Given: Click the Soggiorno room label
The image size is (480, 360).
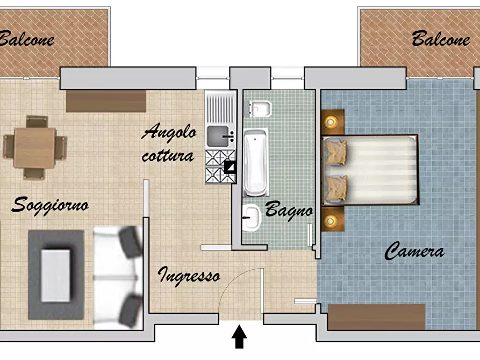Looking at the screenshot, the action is click(50, 206).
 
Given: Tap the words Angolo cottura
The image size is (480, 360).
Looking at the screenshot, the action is click(169, 143).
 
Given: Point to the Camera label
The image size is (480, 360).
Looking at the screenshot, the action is click(414, 251).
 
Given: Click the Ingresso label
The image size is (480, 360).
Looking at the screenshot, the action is click(189, 276).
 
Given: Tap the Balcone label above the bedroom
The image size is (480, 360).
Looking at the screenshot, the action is click(441, 39).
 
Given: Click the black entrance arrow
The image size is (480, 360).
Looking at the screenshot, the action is click(239, 336).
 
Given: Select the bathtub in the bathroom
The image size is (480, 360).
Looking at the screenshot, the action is click(256, 162).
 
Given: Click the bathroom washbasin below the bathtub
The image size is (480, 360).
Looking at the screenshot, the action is click(252, 218).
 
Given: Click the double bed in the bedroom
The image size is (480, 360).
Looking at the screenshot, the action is click(371, 170).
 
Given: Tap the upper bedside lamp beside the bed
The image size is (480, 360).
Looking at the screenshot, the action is click(331, 122).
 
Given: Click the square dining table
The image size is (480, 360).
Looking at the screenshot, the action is click(34, 148).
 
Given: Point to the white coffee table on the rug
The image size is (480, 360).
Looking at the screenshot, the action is click(56, 275).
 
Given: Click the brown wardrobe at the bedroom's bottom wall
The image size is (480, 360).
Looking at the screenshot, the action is click(377, 317).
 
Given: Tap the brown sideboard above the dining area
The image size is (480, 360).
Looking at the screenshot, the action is click(106, 101).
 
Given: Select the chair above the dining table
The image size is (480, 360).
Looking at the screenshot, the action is click(37, 121).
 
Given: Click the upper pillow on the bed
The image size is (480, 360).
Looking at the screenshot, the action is click(336, 152).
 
